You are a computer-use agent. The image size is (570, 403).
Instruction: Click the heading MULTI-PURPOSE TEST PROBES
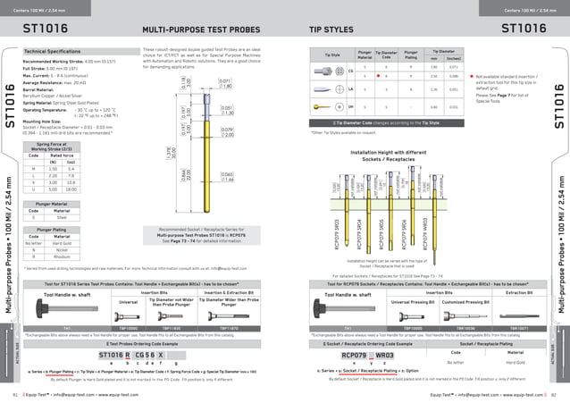[193, 29]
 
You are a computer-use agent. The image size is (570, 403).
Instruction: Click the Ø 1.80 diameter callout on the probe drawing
[225, 86]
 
